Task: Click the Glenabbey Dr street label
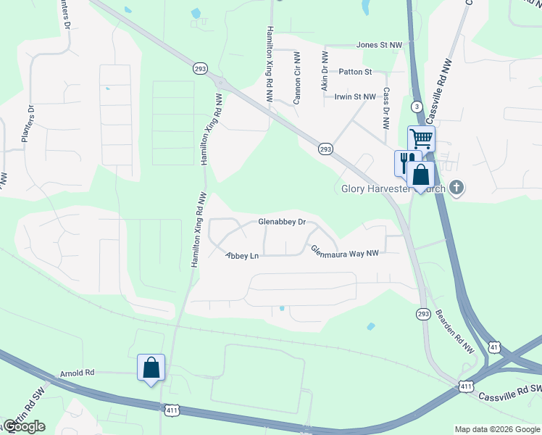[283, 222]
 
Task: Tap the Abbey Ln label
[242, 255]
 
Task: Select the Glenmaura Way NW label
[345, 251]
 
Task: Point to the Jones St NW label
[379, 45]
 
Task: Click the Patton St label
[355, 72]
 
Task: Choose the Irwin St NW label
[355, 96]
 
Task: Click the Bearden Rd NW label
[454, 332]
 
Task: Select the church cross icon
[456, 188]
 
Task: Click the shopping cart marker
[421, 138]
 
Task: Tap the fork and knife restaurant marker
[406, 161]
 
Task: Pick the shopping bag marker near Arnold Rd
[151, 368]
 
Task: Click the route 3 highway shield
[417, 107]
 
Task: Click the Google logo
[25, 426]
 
